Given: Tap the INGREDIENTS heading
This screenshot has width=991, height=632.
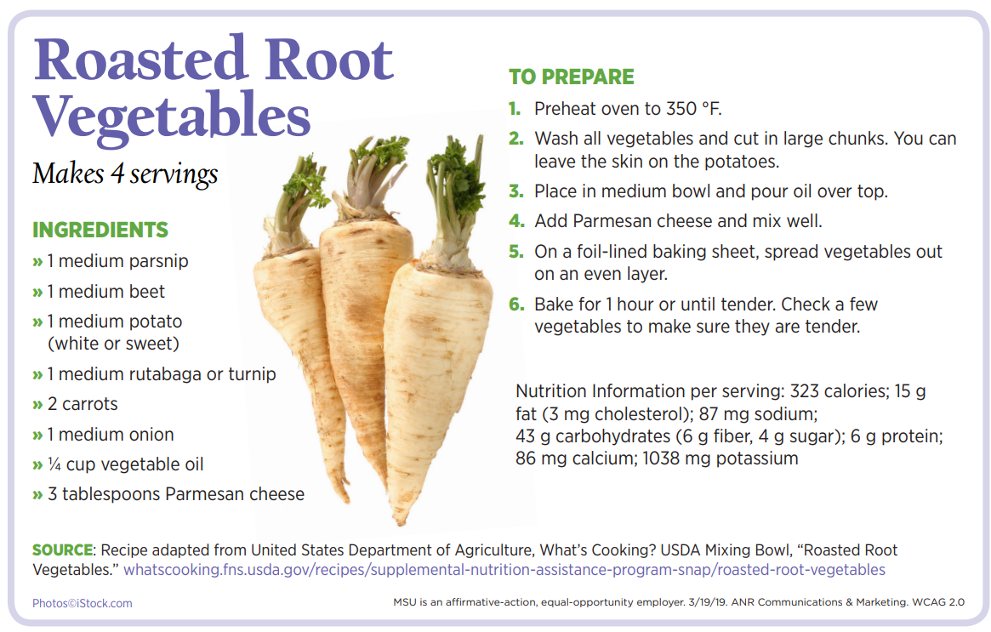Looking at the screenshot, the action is pos(100,230).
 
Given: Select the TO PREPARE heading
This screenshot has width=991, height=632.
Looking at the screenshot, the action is pos(572,77).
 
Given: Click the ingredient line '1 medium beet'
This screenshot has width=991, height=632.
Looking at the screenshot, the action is pos(105,292).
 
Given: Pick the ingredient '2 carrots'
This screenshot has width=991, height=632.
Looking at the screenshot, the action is pos(83,404).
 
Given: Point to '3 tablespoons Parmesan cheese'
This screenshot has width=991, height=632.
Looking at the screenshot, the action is pos(176,494).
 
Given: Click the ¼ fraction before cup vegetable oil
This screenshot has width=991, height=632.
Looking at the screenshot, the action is pos(54,464).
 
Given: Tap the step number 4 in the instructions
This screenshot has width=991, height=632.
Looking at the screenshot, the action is pos(516,221).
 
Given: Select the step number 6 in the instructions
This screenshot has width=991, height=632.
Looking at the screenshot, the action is pos(516,305).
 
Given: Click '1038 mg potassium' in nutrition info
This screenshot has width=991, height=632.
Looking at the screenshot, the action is pos(720,458).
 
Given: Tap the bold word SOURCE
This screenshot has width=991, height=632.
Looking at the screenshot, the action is pos(63,549).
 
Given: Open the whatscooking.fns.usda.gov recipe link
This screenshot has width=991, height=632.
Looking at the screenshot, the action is pos(504,569).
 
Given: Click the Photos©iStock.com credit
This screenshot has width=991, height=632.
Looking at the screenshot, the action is pos(83,604).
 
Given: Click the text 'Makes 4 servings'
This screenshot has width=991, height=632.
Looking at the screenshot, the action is pos(125,174).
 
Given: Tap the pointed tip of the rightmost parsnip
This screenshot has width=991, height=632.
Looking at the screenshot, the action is pos(401,522).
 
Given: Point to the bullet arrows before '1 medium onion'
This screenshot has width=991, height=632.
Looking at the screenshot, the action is pos(38,435).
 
